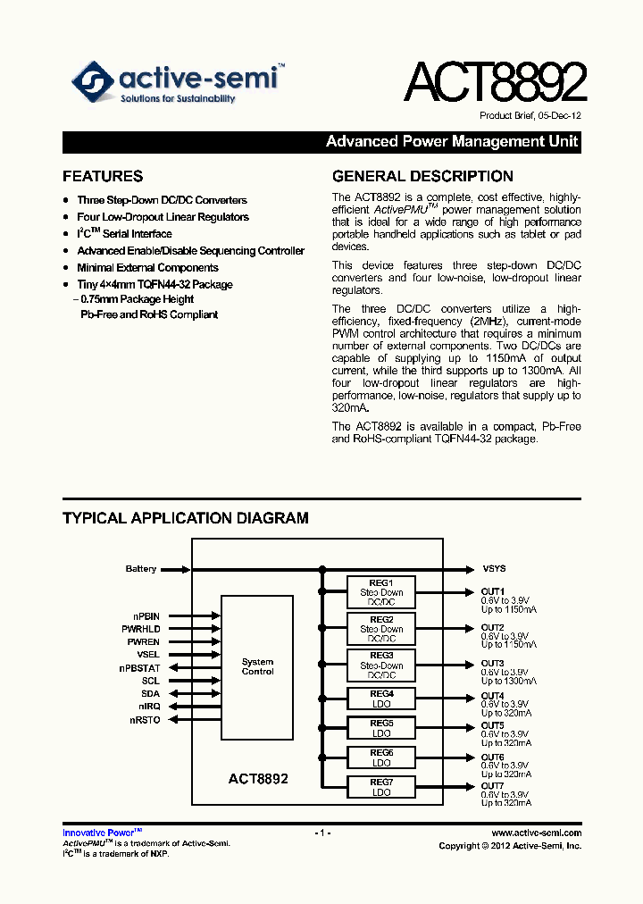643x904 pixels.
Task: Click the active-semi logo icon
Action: [x=93, y=82]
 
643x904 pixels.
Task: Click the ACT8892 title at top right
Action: [x=495, y=83]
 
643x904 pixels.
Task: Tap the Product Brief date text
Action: [x=530, y=117]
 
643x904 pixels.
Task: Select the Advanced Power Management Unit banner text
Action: [x=452, y=141]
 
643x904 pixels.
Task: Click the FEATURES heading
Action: [x=103, y=177]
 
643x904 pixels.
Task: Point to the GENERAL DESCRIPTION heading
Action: [x=422, y=177]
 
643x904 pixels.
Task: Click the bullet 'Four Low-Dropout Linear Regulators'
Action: [x=163, y=217]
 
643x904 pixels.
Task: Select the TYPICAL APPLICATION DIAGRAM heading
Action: [x=186, y=518]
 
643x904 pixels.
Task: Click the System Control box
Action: [x=257, y=667]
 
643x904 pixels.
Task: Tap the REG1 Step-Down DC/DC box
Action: [x=381, y=592]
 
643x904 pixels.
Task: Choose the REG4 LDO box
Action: [x=381, y=699]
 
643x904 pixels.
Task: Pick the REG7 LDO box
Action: [x=381, y=787]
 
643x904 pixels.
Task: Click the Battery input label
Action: [x=141, y=569]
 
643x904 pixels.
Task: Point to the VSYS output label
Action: [x=494, y=569]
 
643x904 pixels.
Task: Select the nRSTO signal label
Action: [x=145, y=720]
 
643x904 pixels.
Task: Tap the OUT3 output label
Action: [x=493, y=664]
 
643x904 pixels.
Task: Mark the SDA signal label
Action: [x=150, y=694]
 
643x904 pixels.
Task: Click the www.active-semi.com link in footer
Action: [x=536, y=833]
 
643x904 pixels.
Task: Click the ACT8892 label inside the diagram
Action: [x=258, y=779]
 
